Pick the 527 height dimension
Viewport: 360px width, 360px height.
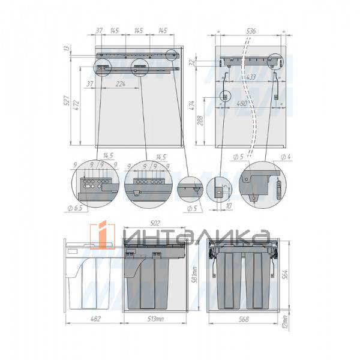66,101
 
